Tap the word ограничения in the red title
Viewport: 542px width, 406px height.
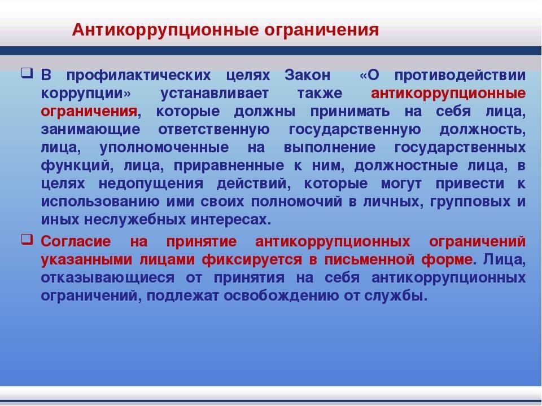point(322,30)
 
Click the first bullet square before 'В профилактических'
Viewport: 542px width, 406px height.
point(27,73)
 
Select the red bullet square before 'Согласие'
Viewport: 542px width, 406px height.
point(27,239)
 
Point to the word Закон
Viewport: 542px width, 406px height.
point(307,75)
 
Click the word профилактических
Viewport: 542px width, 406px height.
point(139,75)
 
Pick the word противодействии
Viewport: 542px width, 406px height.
point(460,75)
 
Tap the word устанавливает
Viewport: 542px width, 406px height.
point(215,93)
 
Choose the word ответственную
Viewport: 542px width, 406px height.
point(214,130)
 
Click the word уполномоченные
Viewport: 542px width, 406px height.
point(164,147)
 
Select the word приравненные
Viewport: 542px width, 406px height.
point(229,166)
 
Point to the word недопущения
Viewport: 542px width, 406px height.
point(151,184)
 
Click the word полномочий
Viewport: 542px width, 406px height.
point(296,202)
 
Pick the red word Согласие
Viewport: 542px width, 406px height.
point(76,241)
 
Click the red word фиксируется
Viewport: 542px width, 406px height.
point(252,259)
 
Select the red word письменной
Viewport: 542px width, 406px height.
point(369,259)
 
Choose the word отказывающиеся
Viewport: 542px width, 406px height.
point(107,277)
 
